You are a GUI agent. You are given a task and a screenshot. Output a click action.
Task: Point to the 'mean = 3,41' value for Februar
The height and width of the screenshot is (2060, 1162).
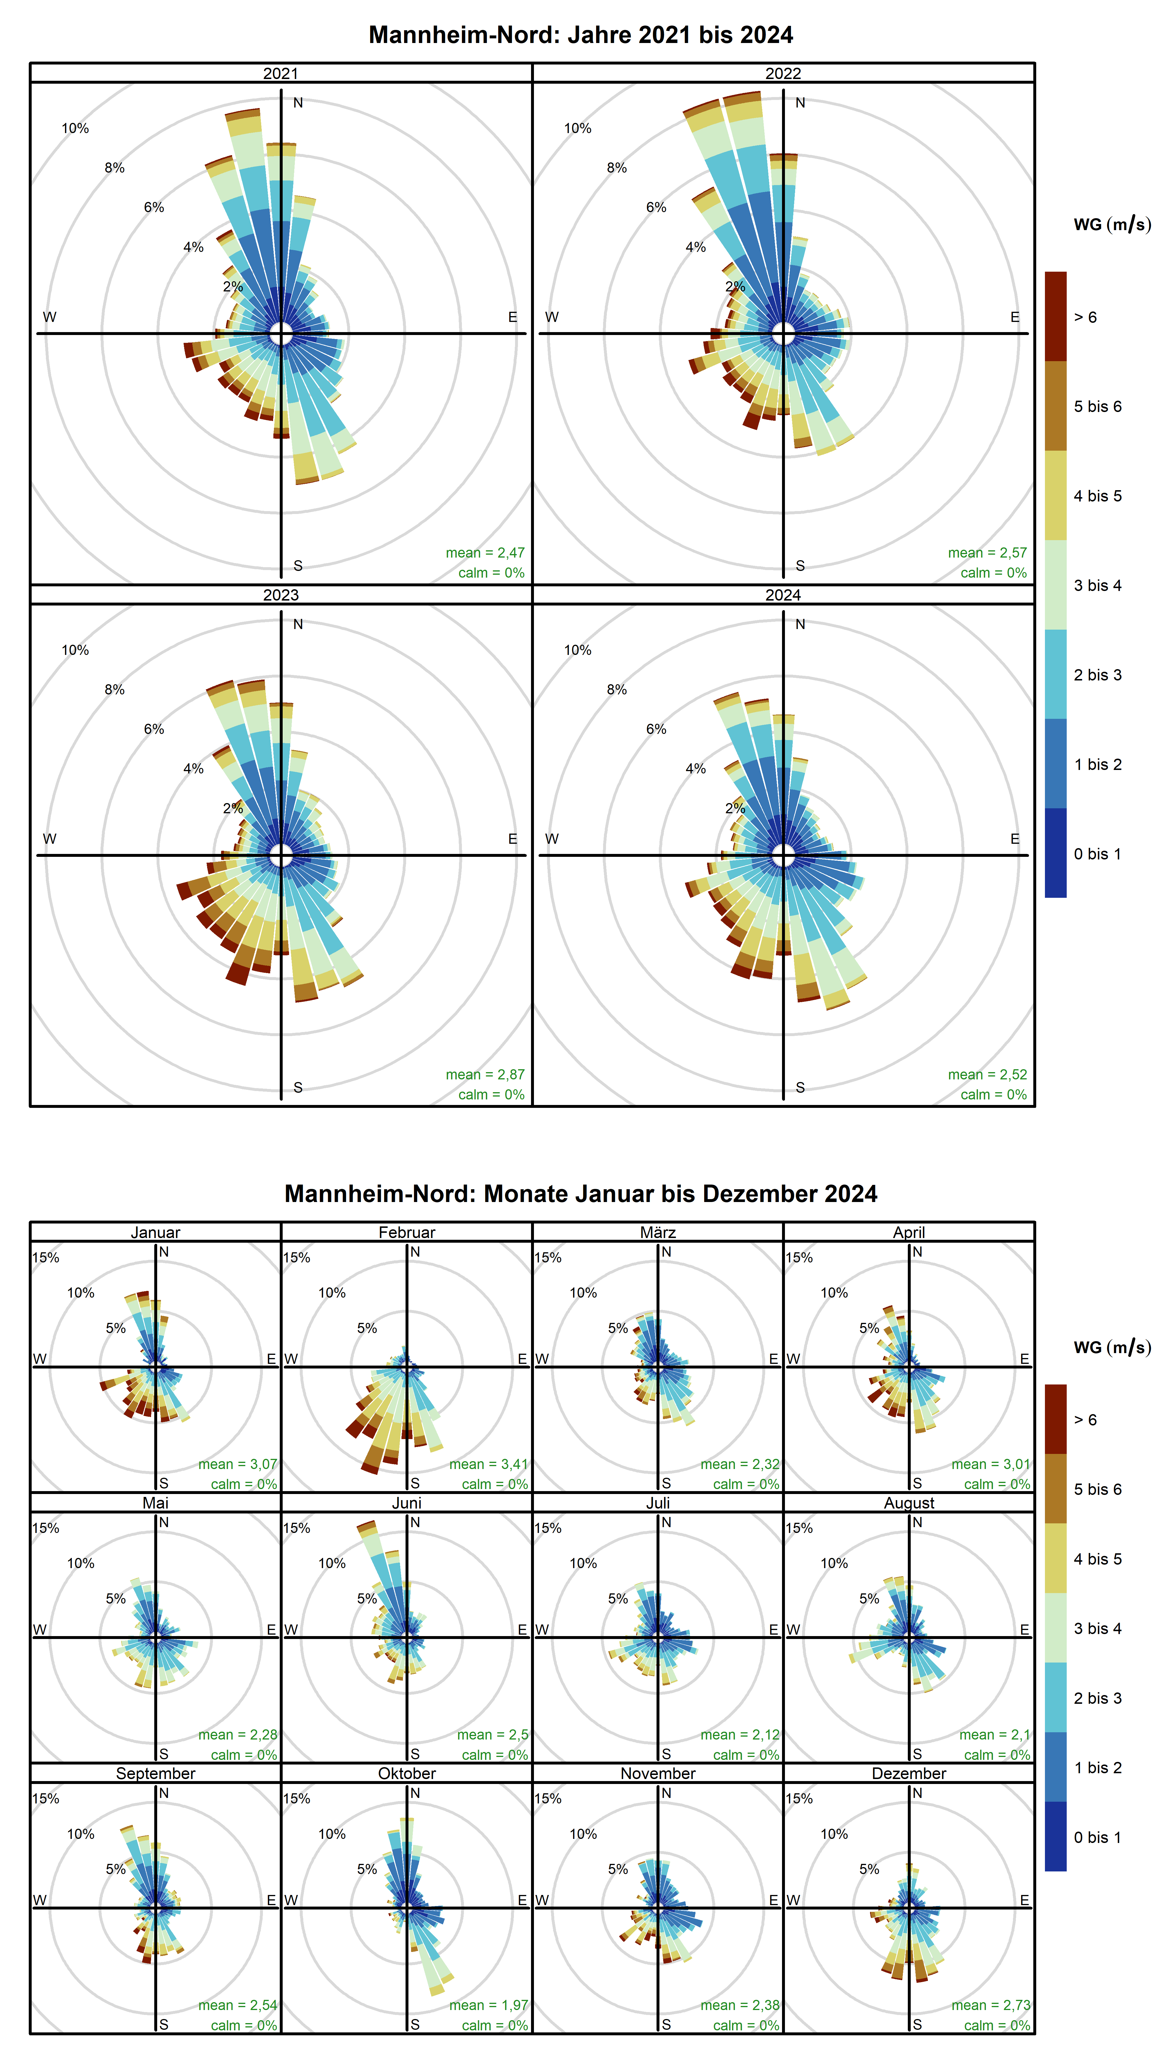(x=488, y=1464)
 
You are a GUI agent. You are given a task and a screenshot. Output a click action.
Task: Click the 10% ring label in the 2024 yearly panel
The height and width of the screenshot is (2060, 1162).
(x=578, y=650)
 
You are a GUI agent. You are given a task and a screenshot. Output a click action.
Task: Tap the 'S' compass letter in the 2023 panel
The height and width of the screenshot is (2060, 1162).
(x=297, y=1088)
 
